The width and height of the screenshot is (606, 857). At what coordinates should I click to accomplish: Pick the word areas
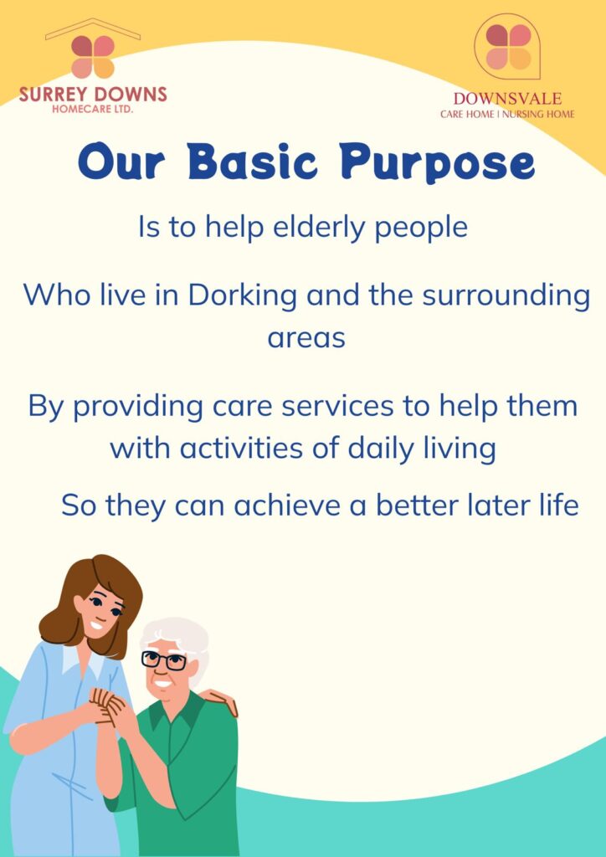pos(306,339)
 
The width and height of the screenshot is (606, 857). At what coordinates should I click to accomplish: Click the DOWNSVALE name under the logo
pos(507,99)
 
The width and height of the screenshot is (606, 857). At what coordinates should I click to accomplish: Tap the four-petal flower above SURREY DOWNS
pos(93,57)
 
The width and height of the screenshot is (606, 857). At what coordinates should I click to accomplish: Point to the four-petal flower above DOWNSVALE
pos(508,47)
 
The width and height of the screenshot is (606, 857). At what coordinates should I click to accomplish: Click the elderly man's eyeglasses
pos(164,660)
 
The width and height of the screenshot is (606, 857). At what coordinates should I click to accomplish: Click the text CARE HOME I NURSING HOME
pos(507,115)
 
